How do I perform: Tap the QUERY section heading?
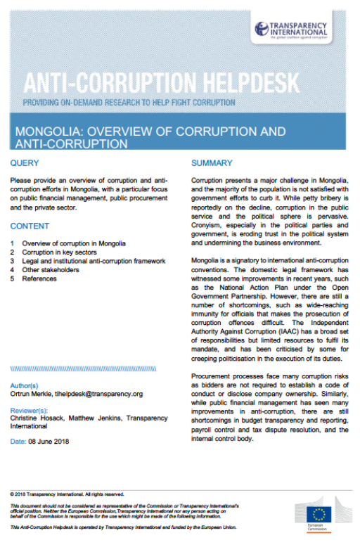26,163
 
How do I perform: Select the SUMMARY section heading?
212,163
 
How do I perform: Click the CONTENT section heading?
30,226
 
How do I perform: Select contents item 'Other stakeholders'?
50,269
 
